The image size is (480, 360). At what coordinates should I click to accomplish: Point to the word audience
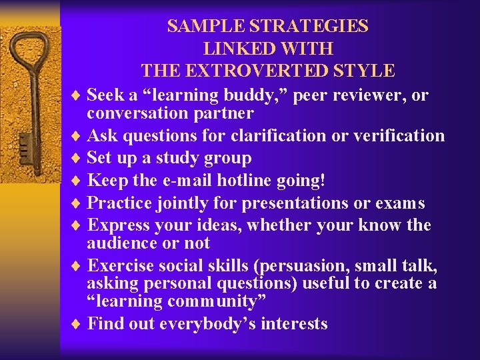[x=120, y=243]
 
